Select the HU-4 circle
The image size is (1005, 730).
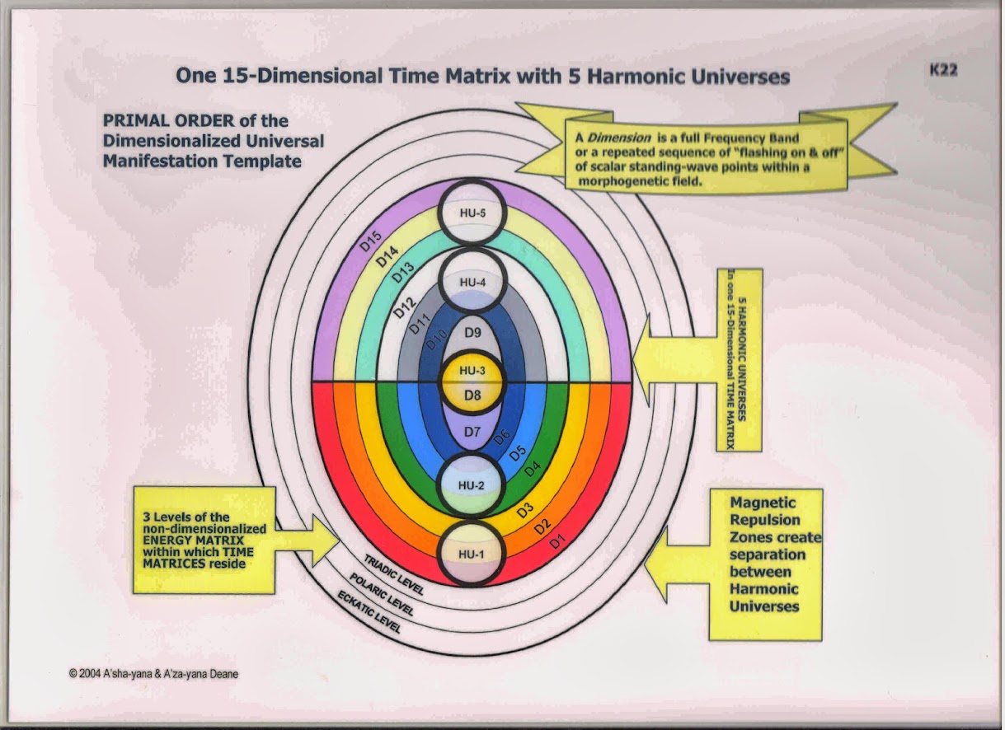click(x=471, y=282)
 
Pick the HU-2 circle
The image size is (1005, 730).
click(x=471, y=484)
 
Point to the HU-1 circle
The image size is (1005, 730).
click(x=471, y=553)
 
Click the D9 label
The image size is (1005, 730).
click(x=472, y=333)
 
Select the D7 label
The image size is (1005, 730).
click(x=472, y=431)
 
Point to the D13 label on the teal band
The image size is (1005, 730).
click(x=402, y=273)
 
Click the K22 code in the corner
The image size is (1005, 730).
click(x=942, y=70)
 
